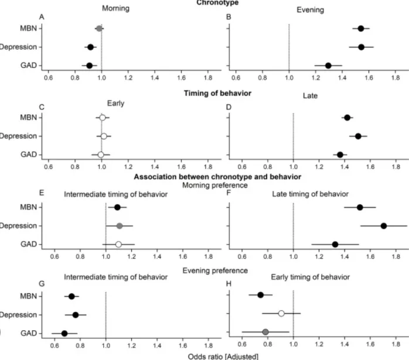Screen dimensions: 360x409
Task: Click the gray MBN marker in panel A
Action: point(99,28)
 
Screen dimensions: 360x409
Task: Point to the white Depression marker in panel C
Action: point(104,136)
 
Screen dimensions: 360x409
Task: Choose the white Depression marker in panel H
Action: point(281,314)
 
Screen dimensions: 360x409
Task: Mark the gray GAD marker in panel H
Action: point(265,332)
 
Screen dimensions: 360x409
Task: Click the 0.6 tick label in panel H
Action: point(242,345)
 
